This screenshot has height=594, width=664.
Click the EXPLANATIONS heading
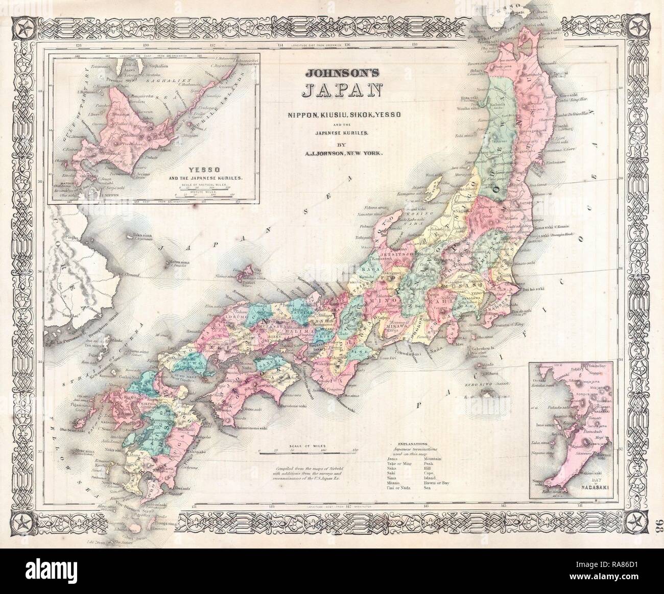pyautogui.click(x=413, y=445)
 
